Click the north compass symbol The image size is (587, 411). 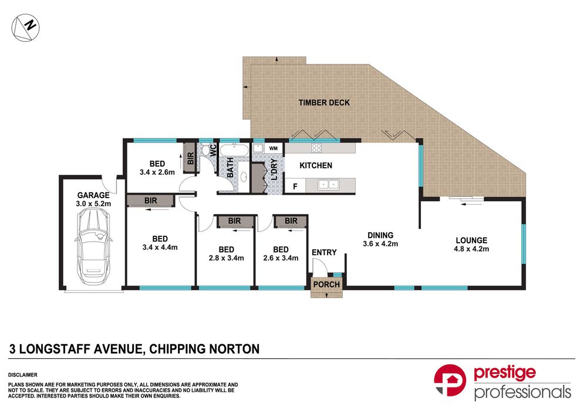coord(25,28)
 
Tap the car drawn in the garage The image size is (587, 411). coord(93,246)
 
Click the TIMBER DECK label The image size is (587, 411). coord(324,103)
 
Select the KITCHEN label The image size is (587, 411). coord(316,165)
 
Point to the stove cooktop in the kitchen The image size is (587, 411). coord(317,148)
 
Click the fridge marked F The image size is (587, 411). coord(295,186)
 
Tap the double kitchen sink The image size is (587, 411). coord(329,184)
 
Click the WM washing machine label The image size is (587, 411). coord(274,148)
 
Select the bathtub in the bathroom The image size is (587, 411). coord(234,151)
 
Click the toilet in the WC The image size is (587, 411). coord(205,150)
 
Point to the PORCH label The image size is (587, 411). coord(326,284)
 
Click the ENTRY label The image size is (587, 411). coord(324,253)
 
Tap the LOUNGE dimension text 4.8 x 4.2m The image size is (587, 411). coord(471,249)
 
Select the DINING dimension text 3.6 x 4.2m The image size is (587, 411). coord(380,244)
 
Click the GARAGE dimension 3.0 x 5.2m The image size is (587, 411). coord(93,204)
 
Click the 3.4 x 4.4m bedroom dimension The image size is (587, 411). coord(160,247)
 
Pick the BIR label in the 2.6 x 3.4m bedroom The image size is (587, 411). coord(291,221)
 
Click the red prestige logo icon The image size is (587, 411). coord(450,381)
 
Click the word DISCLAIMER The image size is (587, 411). coord(23,375)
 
